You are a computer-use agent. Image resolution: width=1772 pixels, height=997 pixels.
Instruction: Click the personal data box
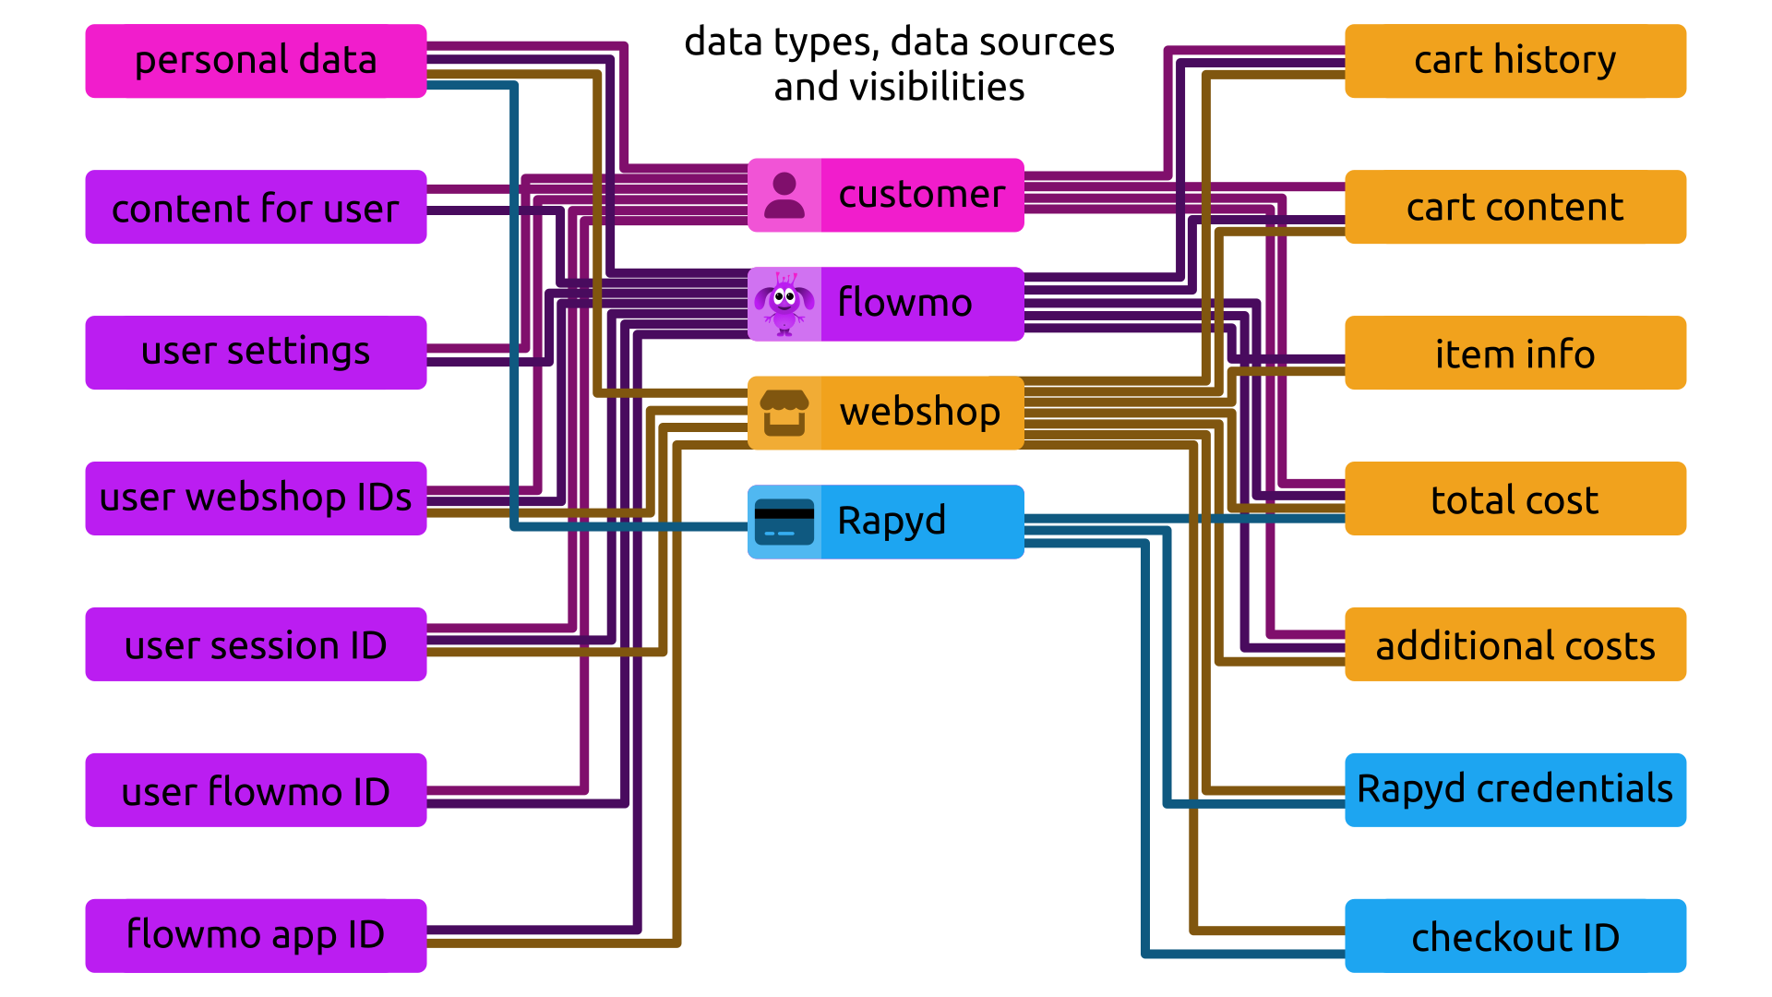pos(256,61)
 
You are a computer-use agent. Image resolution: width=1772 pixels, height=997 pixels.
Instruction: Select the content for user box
pos(256,207)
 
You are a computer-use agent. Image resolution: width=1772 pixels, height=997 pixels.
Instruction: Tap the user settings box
pos(256,353)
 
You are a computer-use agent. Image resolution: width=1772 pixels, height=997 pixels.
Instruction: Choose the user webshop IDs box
pos(256,498)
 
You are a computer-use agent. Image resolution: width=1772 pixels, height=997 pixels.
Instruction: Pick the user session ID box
pos(256,644)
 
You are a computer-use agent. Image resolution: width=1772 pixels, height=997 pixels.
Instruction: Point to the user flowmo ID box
pos(256,790)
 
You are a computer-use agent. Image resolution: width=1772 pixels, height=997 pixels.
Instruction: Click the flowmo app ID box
pos(256,935)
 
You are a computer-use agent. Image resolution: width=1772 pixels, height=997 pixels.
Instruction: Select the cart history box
pos(1515,61)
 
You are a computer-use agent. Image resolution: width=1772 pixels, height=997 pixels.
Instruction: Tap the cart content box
pos(1515,207)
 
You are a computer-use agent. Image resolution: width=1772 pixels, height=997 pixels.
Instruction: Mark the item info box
pos(1515,353)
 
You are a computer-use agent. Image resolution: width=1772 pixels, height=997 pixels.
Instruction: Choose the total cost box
pos(1515,498)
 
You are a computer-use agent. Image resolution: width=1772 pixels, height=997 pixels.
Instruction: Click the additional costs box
pos(1515,644)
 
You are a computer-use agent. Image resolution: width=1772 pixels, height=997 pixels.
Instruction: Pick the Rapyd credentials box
pos(1515,790)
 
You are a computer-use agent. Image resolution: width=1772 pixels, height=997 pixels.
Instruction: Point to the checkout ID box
pos(1515,935)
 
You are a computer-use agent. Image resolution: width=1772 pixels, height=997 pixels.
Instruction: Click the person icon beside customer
pos(784,196)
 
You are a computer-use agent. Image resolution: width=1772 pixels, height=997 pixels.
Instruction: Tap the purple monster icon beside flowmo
pos(784,304)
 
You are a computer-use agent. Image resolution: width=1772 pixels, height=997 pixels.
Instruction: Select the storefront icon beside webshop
pos(784,413)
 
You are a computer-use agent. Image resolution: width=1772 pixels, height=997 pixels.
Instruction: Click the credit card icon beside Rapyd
pos(784,522)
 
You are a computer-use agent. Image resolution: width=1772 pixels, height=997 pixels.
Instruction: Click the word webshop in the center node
pos(919,412)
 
